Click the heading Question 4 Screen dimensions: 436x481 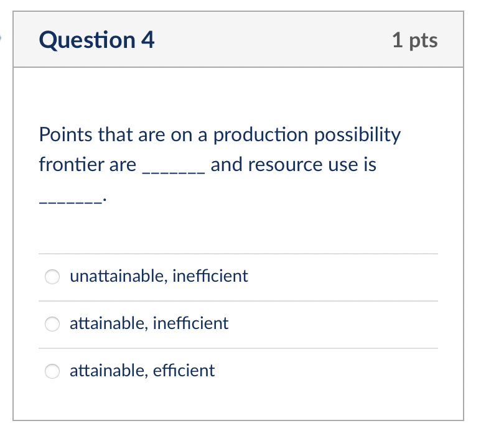[x=96, y=40]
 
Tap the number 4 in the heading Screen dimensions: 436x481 [x=148, y=40]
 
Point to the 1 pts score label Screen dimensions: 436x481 [x=415, y=40]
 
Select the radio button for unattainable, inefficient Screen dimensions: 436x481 [x=53, y=276]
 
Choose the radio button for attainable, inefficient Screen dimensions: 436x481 [x=53, y=323]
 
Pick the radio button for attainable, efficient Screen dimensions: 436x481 [x=53, y=371]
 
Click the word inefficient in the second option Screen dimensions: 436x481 [x=190, y=323]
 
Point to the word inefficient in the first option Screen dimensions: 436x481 [x=210, y=276]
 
